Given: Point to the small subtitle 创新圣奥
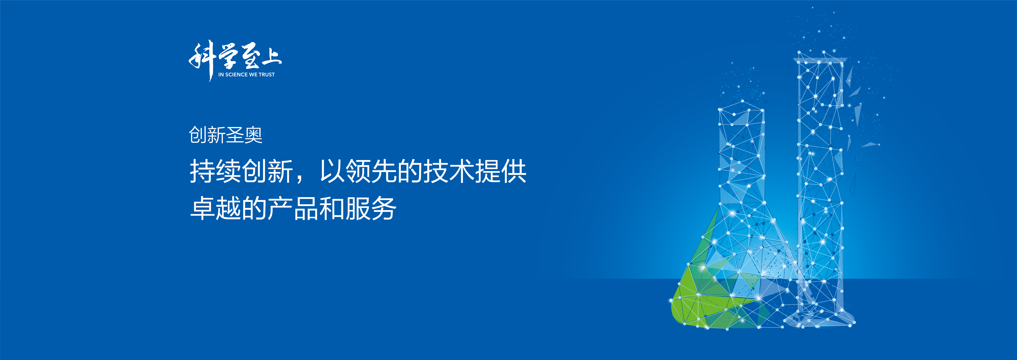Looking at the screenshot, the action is tap(225, 135).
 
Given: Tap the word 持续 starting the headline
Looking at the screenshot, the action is tap(215, 171).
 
